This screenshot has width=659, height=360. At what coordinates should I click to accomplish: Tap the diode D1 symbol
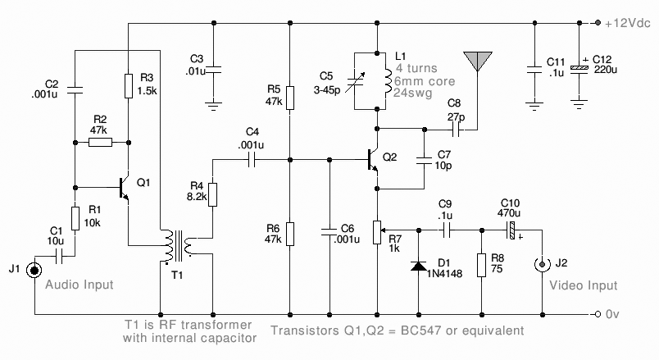coord(419,266)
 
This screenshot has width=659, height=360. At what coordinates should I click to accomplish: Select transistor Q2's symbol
coord(373,160)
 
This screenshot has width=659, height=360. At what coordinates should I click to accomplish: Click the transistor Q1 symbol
coord(125,188)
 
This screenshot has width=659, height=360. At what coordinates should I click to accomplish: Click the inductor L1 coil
coord(388,82)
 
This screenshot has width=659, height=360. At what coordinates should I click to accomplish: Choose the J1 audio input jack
coord(34,270)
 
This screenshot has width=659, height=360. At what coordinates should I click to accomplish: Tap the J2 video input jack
coord(542,264)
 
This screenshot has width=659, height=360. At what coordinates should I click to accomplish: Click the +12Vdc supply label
coord(628,23)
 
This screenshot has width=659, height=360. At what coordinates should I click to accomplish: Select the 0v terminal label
coord(612,314)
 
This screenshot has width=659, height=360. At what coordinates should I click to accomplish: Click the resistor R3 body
coord(129,86)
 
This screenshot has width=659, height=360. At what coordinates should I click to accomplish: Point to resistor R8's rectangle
coord(482,265)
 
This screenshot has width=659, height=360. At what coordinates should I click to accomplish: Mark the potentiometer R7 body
coord(377,233)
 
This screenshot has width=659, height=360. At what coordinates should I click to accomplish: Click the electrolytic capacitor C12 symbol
coord(579,67)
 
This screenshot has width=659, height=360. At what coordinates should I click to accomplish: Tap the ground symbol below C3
coord(213,105)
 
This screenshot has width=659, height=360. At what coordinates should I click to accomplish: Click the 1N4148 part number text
coord(444,274)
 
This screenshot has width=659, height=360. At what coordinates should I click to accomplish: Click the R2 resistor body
coord(101,143)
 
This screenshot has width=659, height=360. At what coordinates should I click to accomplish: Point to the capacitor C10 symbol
coord(511,230)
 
